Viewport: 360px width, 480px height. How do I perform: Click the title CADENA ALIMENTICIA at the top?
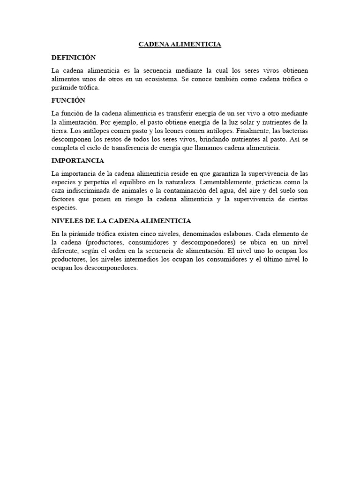(180, 45)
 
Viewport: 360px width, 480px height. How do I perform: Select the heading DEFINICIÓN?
(73, 58)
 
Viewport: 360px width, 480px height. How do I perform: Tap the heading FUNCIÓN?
(68, 101)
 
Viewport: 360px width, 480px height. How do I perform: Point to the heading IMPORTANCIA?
(77, 161)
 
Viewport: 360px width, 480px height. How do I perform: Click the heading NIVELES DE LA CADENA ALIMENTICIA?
(121, 221)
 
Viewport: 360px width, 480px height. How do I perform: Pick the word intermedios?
(138, 259)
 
